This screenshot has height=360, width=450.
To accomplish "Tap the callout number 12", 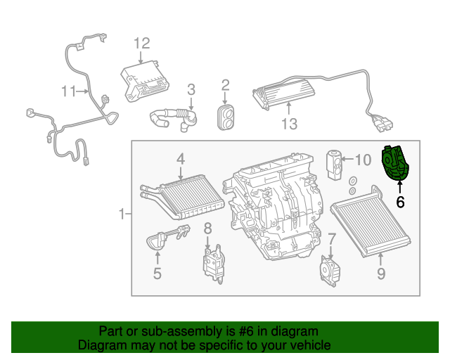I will pos(142,44).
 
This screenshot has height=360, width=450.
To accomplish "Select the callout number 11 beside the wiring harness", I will pos(68,91).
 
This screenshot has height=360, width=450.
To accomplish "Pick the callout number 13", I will pos(289,124).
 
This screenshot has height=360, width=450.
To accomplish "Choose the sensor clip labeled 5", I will pos(162,239).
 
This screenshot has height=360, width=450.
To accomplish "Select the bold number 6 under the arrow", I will pos(400,202).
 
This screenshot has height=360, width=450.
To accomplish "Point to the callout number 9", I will pos(380,274).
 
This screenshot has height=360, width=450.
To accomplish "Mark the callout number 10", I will pos(361,160).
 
